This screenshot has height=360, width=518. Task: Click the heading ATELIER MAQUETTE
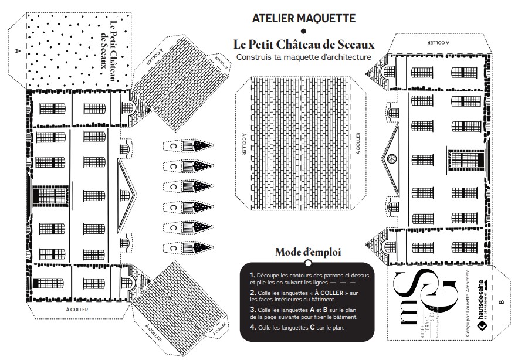click(x=303, y=18)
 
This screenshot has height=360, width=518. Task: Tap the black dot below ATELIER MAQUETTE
click(x=303, y=31)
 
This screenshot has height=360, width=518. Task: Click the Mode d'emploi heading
click(x=308, y=252)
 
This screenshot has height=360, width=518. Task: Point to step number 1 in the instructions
click(x=252, y=275)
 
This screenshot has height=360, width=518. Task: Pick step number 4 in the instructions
click(x=252, y=327)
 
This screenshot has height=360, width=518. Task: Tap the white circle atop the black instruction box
click(x=308, y=263)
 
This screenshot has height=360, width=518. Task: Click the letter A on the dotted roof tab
click(x=17, y=51)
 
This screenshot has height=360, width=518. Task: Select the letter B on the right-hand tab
click(x=501, y=303)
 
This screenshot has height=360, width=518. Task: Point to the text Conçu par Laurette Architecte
click(x=468, y=304)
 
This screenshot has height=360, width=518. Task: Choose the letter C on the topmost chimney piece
click(x=173, y=146)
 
